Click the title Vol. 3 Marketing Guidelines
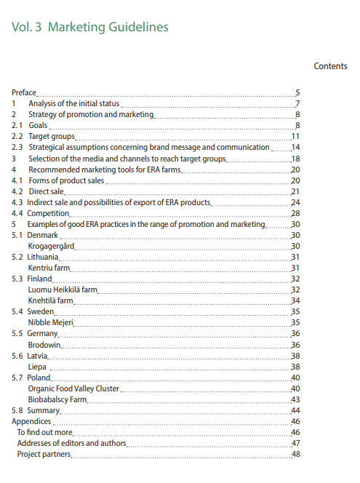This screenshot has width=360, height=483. coord(90,27)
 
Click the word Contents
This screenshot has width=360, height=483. coord(330,66)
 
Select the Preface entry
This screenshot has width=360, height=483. coord(24,93)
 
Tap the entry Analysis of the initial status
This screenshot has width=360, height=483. coord(73,104)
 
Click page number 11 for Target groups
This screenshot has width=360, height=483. coord(296,137)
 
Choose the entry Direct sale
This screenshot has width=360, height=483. coord(47,191)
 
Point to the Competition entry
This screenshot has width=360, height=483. coord(49,213)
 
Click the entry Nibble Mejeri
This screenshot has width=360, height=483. coord(50,322)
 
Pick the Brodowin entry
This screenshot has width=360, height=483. coord(44,344)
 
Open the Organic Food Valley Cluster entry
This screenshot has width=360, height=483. coord(73,388)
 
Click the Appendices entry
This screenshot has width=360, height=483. coord(31,421)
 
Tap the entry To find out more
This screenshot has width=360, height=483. coord(45,432)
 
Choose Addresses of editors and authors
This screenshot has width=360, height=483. coord(72,443)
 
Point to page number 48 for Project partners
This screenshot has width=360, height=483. coord(296,454)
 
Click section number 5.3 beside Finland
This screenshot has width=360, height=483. coord(17,279)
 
